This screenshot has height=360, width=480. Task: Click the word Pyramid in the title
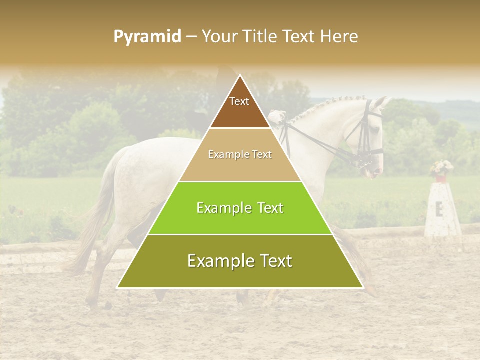[x=147, y=37]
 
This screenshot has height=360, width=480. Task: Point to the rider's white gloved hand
[x=276, y=118]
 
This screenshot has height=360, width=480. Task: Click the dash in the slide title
[x=191, y=37]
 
